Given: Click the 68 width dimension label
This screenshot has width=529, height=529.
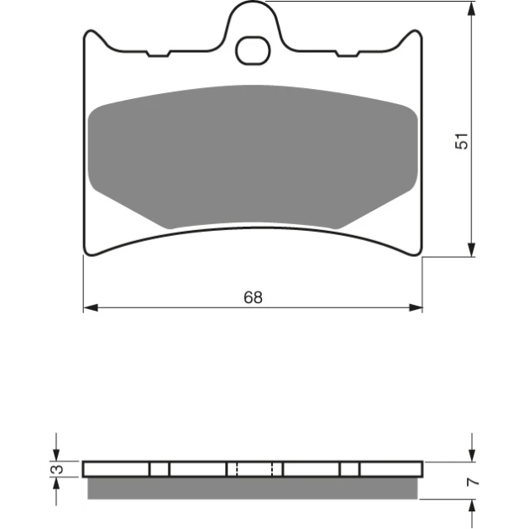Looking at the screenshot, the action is click(x=253, y=297).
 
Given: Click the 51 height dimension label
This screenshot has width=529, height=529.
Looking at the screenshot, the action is click(x=462, y=141).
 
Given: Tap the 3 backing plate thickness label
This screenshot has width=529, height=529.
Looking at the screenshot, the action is click(x=59, y=469).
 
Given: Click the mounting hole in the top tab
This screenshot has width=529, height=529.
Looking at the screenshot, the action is click(x=253, y=50).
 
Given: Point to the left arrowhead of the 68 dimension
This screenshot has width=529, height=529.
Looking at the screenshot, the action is click(x=91, y=307).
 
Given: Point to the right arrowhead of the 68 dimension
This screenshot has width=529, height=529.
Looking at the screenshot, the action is click(x=416, y=307).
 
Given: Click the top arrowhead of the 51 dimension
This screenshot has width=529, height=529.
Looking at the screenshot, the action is click(x=472, y=8).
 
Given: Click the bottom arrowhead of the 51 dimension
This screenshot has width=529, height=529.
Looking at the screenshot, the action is click(x=472, y=249).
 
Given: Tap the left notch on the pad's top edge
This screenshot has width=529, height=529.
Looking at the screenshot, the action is click(x=159, y=54).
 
